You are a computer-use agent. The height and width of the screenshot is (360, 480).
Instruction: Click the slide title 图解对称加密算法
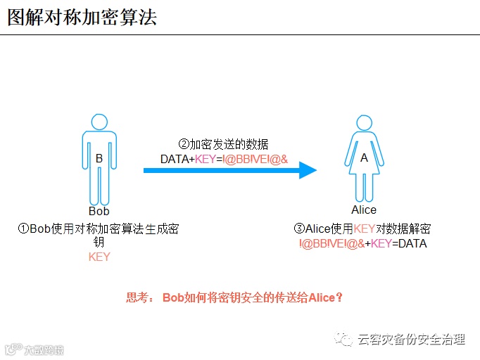click(x=82, y=17)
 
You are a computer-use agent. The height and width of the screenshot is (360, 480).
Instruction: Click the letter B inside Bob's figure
click(x=99, y=159)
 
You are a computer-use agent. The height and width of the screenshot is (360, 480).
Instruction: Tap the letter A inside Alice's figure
click(x=364, y=158)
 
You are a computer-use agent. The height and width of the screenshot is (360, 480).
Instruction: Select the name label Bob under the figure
click(x=99, y=211)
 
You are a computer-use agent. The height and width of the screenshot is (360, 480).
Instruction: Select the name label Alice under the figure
click(x=364, y=210)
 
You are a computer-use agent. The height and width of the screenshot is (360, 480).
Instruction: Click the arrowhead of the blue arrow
click(x=308, y=169)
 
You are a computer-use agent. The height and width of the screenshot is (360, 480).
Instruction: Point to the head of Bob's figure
click(x=99, y=120)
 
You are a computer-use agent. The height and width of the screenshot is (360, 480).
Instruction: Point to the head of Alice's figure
click(x=364, y=120)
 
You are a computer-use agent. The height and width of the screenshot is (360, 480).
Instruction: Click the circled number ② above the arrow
click(x=184, y=145)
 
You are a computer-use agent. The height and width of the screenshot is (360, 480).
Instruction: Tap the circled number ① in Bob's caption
click(x=23, y=229)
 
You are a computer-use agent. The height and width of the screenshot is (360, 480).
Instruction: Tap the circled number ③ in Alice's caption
click(x=300, y=229)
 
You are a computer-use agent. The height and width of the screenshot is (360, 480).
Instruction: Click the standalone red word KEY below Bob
click(x=99, y=257)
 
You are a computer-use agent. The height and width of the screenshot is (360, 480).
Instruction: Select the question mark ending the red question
click(x=339, y=297)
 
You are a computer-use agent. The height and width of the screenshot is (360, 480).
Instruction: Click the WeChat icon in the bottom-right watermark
click(x=343, y=340)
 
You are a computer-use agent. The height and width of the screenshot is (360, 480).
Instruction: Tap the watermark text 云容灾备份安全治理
click(x=412, y=340)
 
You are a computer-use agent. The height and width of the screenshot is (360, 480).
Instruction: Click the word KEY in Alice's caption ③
click(x=365, y=229)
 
